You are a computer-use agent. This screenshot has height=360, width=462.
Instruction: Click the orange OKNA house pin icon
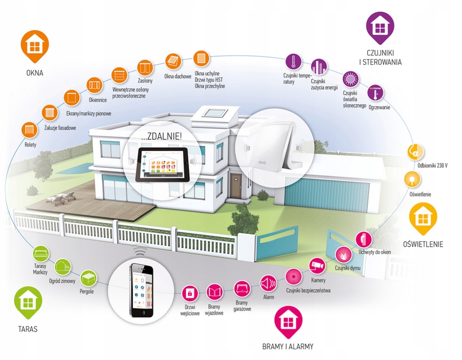(35, 46)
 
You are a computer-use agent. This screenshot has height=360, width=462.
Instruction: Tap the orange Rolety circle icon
(30, 130)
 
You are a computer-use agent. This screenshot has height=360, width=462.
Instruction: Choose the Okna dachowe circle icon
(173, 61)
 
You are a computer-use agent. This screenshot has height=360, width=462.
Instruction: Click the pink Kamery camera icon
(317, 265)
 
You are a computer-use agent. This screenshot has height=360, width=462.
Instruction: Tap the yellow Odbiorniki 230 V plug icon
(416, 152)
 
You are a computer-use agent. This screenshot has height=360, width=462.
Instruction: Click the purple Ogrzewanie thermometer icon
(376, 93)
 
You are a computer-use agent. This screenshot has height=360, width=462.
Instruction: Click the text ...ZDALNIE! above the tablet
(161, 137)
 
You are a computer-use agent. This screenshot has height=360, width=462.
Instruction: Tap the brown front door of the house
(236, 186)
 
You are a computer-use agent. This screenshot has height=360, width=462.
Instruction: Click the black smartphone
(142, 290)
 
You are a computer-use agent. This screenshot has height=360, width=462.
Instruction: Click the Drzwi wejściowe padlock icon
(190, 293)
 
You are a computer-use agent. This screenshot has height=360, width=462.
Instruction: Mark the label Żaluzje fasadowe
(60, 128)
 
